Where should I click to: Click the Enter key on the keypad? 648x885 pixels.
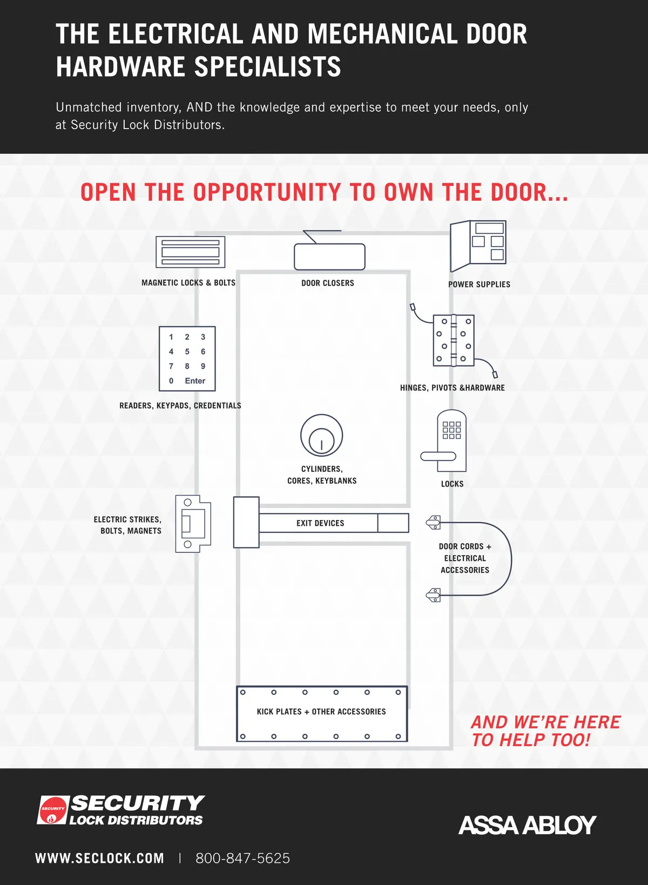[195, 381]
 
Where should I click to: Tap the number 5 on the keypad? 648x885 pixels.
[187, 351]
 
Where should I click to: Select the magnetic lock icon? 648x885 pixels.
[191, 252]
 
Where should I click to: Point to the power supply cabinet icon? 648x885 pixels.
[478, 246]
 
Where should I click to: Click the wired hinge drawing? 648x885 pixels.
[454, 340]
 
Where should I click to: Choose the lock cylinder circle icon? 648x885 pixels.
[322, 435]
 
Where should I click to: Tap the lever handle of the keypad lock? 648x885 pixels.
[438, 456]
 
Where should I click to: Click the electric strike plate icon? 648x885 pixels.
[193, 523]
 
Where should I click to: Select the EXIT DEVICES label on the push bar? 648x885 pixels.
[320, 523]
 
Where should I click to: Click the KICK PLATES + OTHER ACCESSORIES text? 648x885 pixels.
[321, 712]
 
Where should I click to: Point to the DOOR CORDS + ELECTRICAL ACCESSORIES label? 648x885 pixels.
[465, 558]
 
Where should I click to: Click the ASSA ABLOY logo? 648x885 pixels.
[528, 825]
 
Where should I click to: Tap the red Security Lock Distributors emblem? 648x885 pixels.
[52, 810]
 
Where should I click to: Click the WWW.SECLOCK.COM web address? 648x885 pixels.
[99, 858]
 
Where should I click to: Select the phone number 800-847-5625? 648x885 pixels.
[242, 858]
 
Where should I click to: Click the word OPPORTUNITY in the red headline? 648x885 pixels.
[267, 192]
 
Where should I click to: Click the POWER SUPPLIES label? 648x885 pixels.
[480, 284]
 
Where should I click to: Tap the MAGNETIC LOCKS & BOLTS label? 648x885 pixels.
[188, 282]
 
